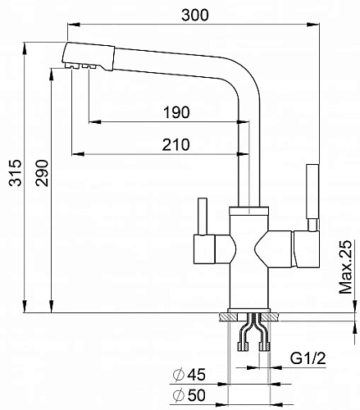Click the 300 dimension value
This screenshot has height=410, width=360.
pyautogui.click(x=195, y=15)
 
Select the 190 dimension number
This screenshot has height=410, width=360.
pyautogui.click(x=176, y=112)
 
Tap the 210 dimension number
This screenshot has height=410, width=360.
pyautogui.click(x=175, y=144)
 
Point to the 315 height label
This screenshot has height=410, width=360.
pyautogui.click(x=15, y=173)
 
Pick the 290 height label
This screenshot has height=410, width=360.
pyautogui.click(x=42, y=173)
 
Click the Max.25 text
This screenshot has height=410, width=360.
pyautogui.click(x=345, y=267)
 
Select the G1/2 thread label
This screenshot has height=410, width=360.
pyautogui.click(x=308, y=358)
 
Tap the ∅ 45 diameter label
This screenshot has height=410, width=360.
pyautogui.click(x=189, y=375)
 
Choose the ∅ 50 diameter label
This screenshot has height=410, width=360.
pyautogui.click(x=189, y=395)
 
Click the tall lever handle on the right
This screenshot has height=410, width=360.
pyautogui.click(x=312, y=191)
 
